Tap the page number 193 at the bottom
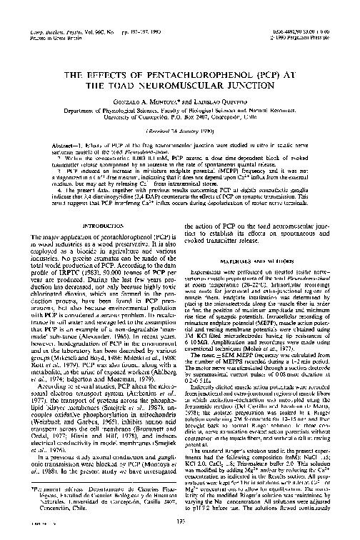179,523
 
